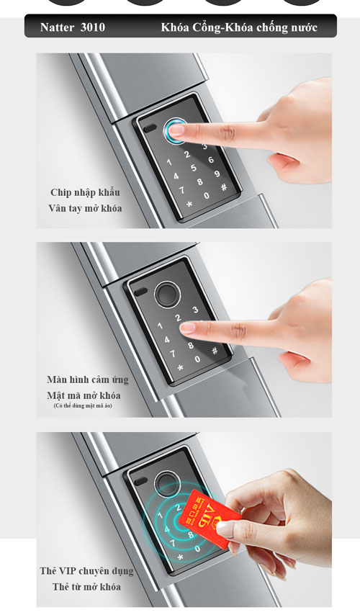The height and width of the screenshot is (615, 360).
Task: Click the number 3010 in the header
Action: pyautogui.click(x=93, y=27)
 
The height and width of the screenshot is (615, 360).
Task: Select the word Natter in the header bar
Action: pyautogui.click(x=57, y=27)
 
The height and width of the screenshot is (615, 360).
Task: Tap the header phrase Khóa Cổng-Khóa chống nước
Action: pyautogui.click(x=239, y=27)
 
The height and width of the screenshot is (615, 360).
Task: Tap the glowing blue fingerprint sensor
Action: pyautogui.click(x=175, y=130)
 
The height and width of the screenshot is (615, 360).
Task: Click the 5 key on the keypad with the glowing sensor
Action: pyautogui.click(x=194, y=168)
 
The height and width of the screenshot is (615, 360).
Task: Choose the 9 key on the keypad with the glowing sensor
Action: pyautogui.click(x=217, y=174)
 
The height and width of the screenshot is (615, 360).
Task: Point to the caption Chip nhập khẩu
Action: pyautogui.click(x=85, y=192)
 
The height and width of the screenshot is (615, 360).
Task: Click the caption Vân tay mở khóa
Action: pyautogui.click(x=85, y=208)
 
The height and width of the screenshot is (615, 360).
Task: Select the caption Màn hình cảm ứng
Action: pyautogui.click(x=87, y=380)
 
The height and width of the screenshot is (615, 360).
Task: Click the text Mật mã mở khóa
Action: pyautogui.click(x=84, y=395)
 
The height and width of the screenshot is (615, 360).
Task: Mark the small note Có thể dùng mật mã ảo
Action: pyautogui.click(x=83, y=405)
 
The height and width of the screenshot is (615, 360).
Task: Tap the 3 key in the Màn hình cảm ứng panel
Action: pyautogui.click(x=195, y=310)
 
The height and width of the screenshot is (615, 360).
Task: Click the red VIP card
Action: pyautogui.click(x=209, y=518)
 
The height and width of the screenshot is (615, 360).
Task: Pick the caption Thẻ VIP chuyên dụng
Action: pyautogui.click(x=86, y=571)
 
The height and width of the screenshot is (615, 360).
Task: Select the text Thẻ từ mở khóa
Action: pyautogui.click(x=86, y=587)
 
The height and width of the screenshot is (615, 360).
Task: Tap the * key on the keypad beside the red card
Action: pyautogui.click(x=181, y=557)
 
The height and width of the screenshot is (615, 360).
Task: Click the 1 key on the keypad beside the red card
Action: pyautogui.click(x=161, y=515)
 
